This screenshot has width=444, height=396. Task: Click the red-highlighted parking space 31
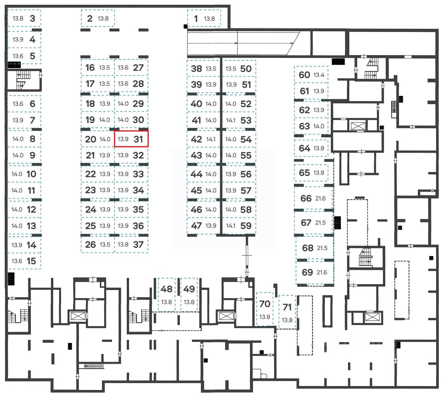pos(131,139)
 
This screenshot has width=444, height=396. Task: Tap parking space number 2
pos(97,18)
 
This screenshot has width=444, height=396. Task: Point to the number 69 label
pos(307,272)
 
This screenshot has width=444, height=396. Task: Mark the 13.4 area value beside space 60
pos(318,75)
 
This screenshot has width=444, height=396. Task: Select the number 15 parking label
pos(32,261)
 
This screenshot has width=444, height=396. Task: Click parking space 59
pos(238,226)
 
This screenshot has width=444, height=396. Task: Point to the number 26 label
pos(90,245)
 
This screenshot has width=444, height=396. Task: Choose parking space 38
pos(203,69)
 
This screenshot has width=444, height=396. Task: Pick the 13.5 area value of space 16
pos(105,67)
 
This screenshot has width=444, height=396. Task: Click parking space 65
pos(311,173)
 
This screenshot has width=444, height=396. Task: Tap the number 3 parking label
pos(32,18)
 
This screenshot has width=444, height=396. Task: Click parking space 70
pos(265,309)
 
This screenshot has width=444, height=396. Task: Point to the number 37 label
pos(138,245)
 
